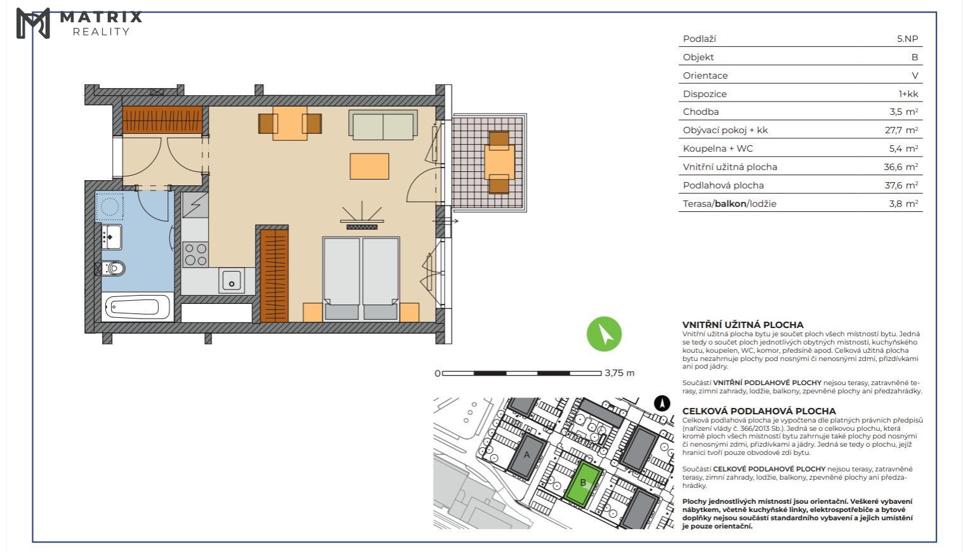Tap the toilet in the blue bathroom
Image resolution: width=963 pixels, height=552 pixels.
coord(113,268)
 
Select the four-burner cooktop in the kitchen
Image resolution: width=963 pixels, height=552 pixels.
coord(195,254)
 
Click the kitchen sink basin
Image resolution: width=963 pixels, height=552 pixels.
coord(232,280)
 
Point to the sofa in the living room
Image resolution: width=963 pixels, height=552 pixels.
coord(383,124)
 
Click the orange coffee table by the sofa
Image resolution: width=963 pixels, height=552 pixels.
coord(369,166)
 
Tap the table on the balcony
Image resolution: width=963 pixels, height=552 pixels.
coord(499,162)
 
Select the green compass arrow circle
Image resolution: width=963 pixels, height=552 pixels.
coord(604,334)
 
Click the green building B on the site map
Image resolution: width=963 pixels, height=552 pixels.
coord(583,483)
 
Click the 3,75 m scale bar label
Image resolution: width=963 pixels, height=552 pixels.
coord(620,372)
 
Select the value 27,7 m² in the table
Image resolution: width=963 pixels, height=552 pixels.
coord(901,130)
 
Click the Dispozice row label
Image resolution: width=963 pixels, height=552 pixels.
coord(705,94)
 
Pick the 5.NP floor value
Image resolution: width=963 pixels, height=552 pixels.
coord(907,39)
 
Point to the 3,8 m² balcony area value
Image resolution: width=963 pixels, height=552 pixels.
coord(903,203)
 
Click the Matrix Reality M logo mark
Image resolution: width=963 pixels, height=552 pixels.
coord(33,23)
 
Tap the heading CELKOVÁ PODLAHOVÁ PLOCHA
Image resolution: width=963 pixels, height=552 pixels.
coord(759,411)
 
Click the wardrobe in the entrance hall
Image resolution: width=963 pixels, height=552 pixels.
coord(162,119)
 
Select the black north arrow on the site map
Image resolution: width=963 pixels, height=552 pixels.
coord(662,404)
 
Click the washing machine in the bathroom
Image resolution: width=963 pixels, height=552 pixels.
coord(109,206)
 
